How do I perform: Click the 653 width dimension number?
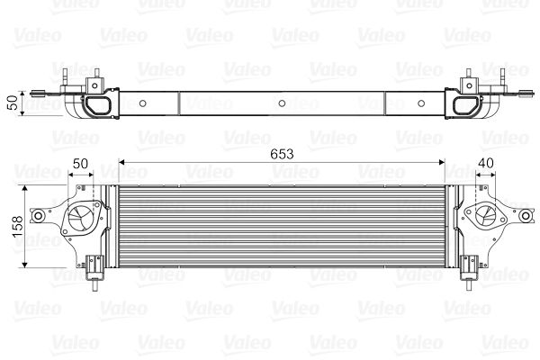coord(281,153)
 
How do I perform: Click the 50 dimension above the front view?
coord(81,163)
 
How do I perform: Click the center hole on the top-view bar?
coord(282,103)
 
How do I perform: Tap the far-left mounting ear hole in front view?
coord(39,217)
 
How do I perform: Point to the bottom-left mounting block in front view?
coord(93,265)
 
